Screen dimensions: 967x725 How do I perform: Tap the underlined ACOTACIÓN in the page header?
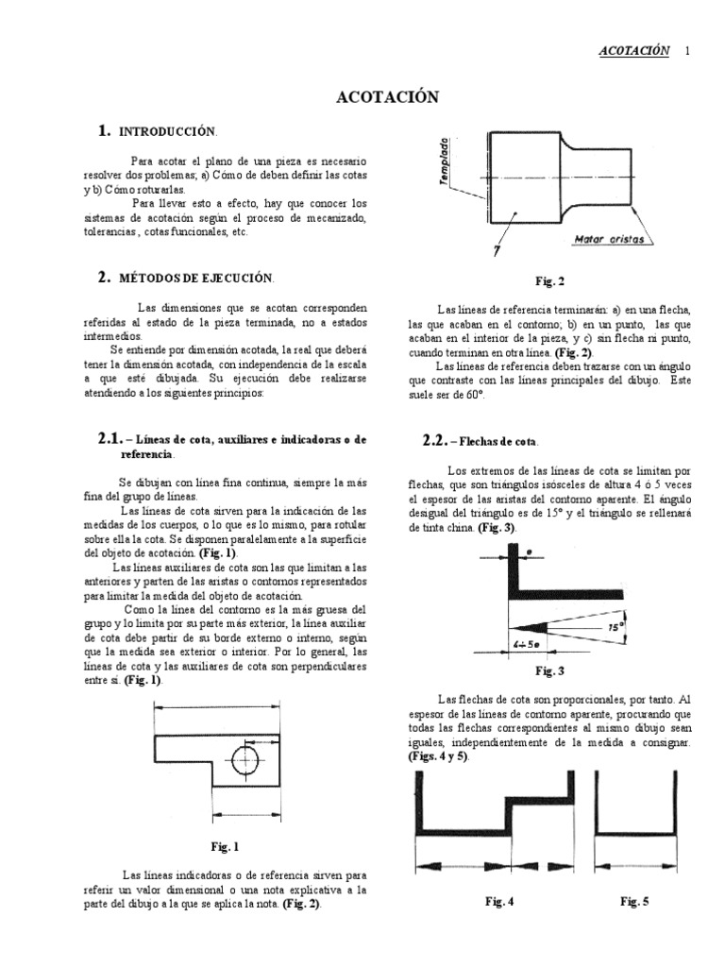point(634,51)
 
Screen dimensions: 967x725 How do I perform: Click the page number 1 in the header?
point(686,51)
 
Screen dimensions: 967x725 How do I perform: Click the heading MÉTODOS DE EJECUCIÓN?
point(195,278)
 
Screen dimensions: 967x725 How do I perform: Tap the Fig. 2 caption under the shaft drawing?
point(548,280)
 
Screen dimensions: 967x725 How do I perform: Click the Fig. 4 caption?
point(499,902)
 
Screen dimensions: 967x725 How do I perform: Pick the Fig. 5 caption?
point(634,902)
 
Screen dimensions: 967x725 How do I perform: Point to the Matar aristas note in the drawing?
point(609,240)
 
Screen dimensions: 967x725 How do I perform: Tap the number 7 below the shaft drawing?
point(494,250)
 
